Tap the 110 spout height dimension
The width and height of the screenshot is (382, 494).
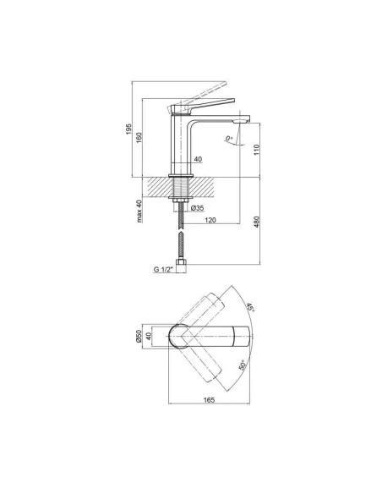coord(256,151)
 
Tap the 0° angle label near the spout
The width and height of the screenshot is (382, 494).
coord(229,139)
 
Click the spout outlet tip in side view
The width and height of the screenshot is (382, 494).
coord(246,119)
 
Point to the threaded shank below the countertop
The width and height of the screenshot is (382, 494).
coord(180,187)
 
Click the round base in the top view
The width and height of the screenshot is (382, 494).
coord(180,337)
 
